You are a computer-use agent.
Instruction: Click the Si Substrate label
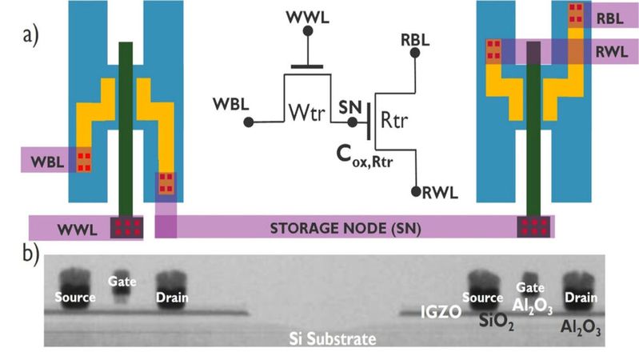point(331,339)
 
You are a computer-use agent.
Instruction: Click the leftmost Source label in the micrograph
point(76,298)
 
